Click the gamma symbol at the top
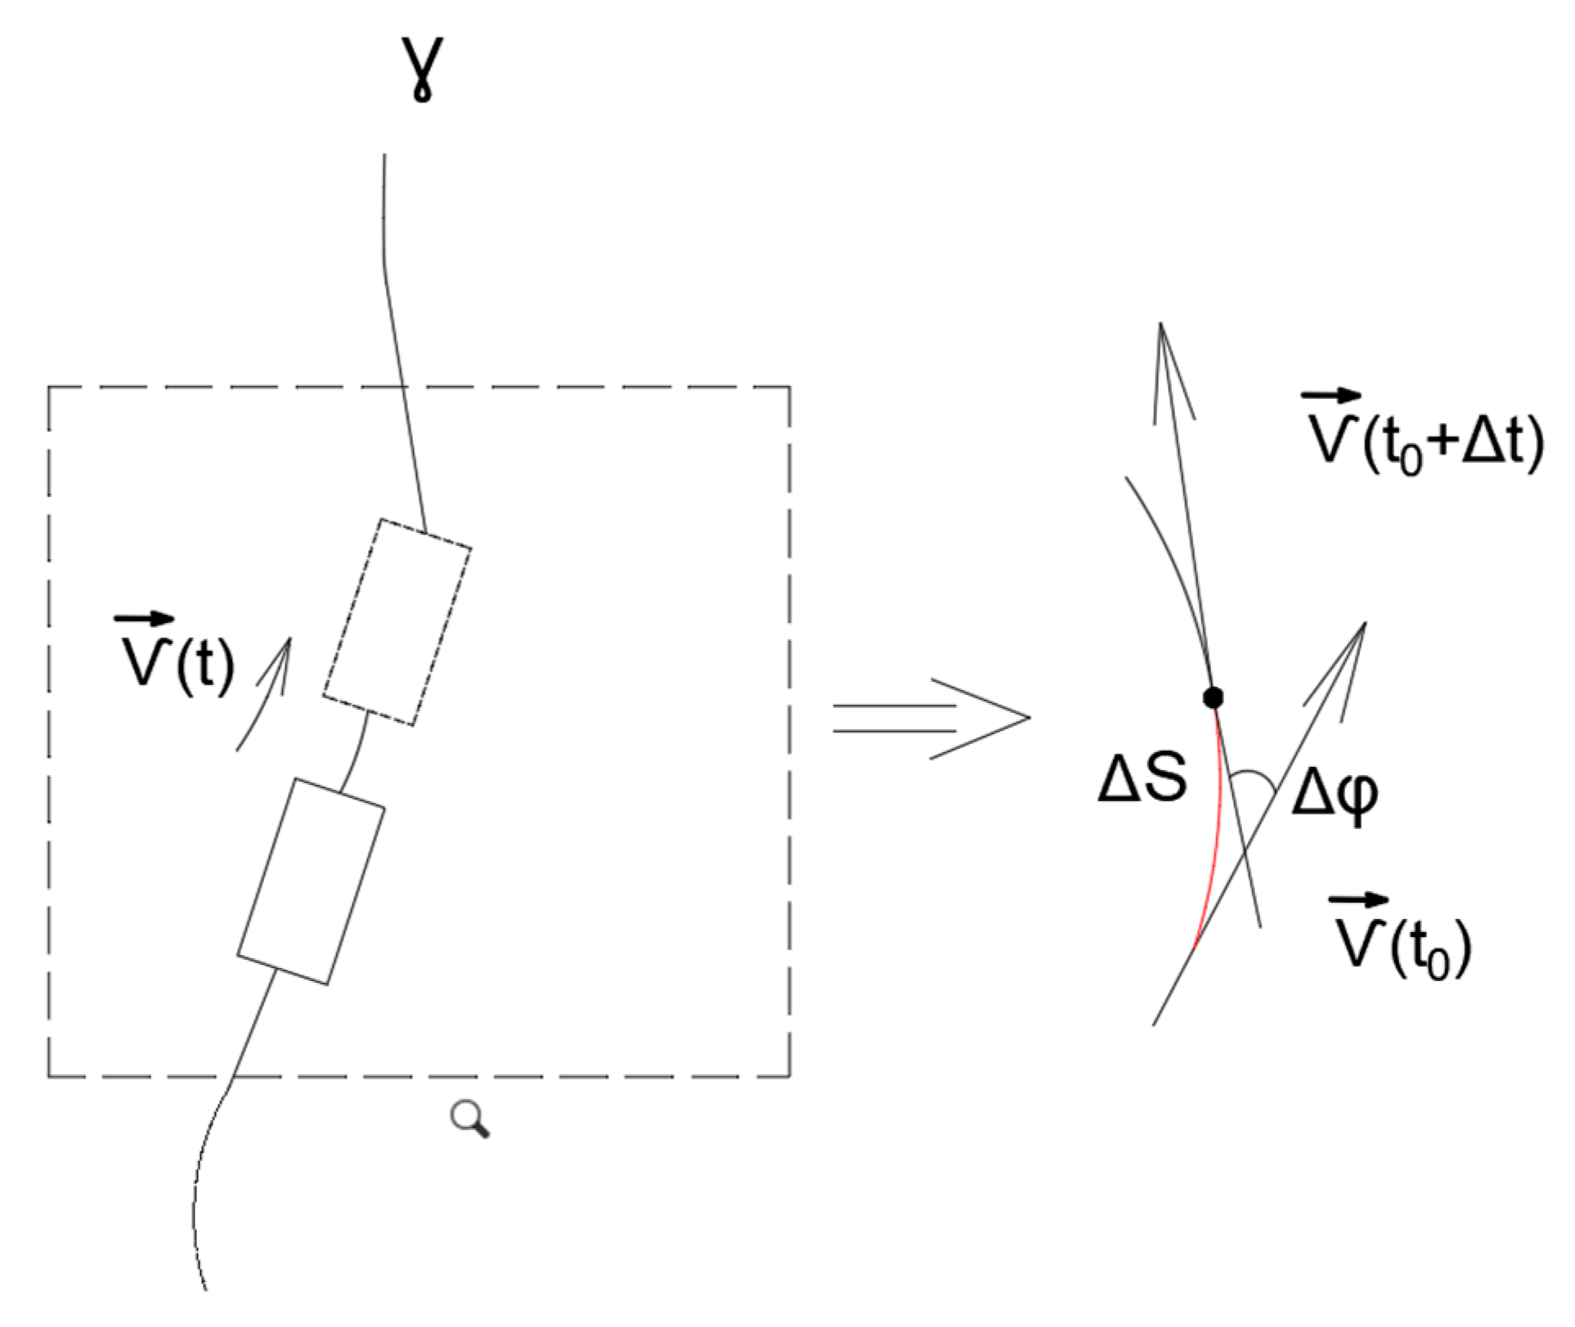pos(422,69)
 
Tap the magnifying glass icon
pos(470,1118)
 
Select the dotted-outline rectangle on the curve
pos(397,621)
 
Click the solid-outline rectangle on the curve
pos(311,881)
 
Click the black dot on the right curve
pos(1214,697)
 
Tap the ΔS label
pos(1142,779)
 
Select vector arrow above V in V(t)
pos(143,619)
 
